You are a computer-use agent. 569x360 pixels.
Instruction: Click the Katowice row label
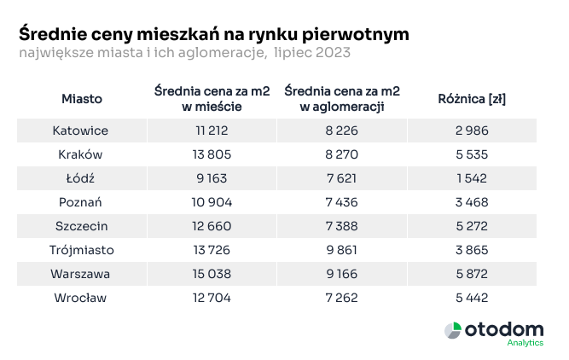point(82,131)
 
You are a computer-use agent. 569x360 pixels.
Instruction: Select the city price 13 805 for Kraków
point(212,154)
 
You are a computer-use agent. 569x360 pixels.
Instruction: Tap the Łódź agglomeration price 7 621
point(341,178)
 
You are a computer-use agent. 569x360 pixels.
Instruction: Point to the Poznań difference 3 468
point(471,202)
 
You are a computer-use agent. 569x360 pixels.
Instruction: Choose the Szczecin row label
point(82,226)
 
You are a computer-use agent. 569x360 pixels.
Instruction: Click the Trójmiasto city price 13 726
point(212,250)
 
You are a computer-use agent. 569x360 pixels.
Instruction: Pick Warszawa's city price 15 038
point(212,274)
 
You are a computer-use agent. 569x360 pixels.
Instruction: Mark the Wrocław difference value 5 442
point(471,298)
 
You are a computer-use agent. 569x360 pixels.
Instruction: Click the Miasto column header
point(82,99)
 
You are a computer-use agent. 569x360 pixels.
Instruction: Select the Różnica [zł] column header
point(471,99)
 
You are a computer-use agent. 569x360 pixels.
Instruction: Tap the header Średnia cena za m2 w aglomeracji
point(341,99)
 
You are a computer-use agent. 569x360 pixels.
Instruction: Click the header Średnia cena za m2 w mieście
point(212,99)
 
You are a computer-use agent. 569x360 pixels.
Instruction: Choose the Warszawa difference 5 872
point(471,274)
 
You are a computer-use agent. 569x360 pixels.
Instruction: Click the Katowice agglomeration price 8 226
point(341,131)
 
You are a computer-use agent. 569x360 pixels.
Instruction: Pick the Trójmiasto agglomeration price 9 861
point(341,250)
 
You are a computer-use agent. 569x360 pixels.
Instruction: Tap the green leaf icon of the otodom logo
point(454,329)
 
